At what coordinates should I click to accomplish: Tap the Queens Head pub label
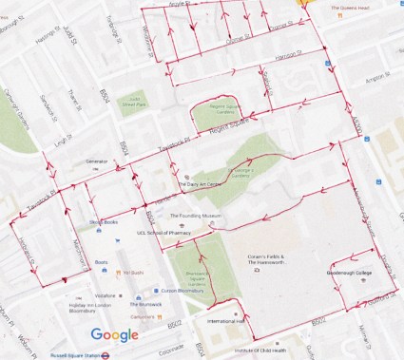(x=350, y=11)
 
